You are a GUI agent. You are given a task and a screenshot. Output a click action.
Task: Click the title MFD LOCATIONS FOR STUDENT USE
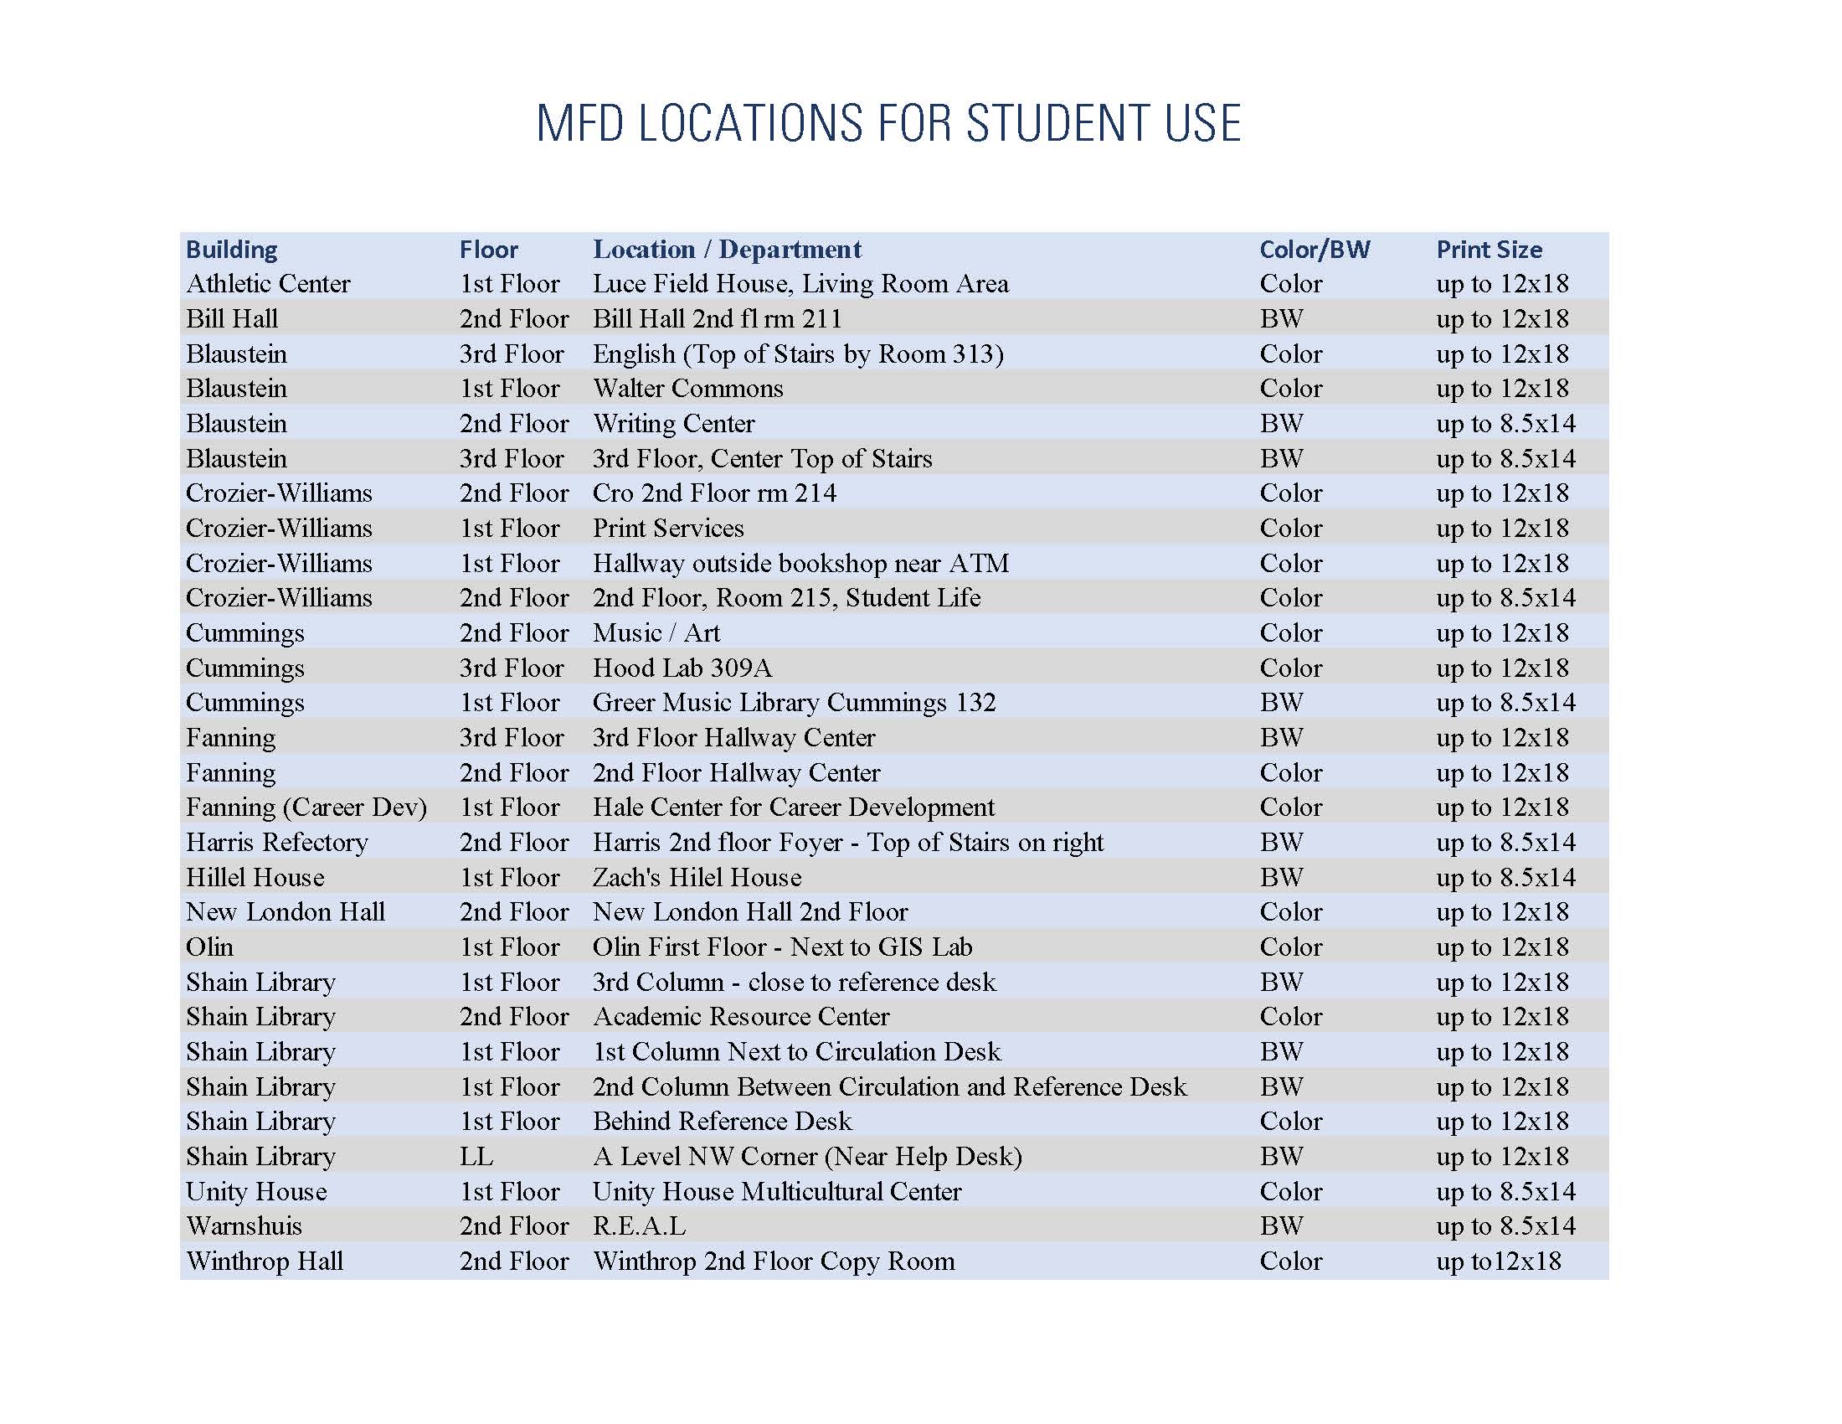pos(888,123)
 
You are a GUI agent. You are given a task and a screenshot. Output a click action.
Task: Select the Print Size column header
pos(1489,250)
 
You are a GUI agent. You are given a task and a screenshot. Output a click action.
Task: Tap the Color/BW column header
pos(1314,250)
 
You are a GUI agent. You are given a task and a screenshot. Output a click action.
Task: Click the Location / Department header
pos(727,250)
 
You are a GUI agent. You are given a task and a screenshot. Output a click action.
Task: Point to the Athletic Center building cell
pos(268,284)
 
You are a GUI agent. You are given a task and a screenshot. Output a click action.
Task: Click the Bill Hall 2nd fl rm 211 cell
pos(717,319)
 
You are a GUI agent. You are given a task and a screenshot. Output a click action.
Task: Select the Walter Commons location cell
pos(687,389)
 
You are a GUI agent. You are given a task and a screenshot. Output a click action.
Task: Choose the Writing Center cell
pos(673,424)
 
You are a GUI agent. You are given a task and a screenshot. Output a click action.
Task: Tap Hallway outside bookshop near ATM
pos(800,564)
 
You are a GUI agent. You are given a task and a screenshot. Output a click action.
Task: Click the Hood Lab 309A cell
pos(682,668)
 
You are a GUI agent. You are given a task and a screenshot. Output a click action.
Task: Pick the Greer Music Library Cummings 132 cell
pos(794,703)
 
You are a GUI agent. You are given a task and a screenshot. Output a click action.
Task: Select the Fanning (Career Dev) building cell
pos(306,807)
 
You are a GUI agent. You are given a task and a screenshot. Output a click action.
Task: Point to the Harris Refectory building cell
pos(276,843)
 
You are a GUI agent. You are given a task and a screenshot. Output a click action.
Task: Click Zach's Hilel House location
pos(697,877)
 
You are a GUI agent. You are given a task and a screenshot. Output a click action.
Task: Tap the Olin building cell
pos(209,947)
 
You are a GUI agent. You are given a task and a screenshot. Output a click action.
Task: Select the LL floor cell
pos(476,1157)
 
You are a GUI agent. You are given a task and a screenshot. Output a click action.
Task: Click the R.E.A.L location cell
pos(640,1225)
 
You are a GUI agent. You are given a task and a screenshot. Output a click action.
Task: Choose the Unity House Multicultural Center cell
pos(777,1192)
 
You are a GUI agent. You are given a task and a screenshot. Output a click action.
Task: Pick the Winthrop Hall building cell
pos(265,1261)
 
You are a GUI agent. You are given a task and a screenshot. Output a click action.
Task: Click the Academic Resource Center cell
pos(740,1018)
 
